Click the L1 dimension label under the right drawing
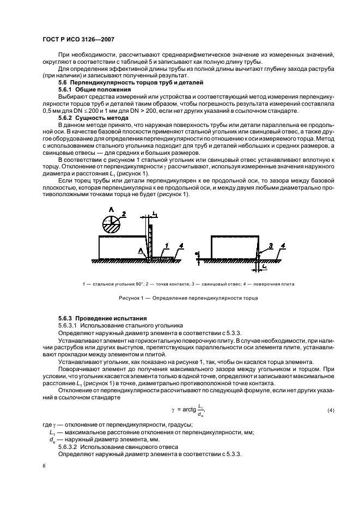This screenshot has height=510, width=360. (265, 268)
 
